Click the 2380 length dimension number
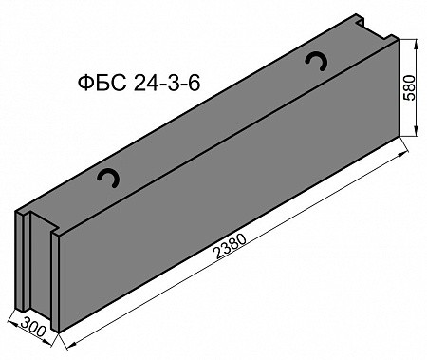231,246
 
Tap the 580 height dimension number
409,87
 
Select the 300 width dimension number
33,327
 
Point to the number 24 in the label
144,84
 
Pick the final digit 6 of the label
195,84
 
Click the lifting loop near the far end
316,61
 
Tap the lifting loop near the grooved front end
108,178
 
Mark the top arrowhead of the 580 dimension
416,45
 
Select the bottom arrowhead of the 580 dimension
416,131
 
